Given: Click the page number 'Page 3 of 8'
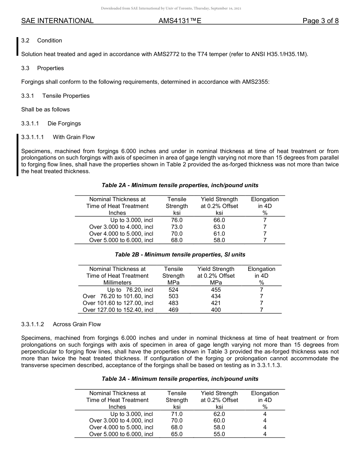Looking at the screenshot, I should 320,21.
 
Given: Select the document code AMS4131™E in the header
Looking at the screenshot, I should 180,21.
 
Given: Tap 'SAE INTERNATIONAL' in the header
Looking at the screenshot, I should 57,21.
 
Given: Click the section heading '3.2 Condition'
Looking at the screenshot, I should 42,41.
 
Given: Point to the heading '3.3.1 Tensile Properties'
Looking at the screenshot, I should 55,96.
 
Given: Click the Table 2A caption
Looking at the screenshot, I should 180,185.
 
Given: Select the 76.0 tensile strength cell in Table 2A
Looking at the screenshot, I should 177,220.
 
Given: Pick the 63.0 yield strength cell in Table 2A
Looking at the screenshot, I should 219,227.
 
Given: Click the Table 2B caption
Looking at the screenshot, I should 180,255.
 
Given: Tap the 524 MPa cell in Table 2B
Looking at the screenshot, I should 173,289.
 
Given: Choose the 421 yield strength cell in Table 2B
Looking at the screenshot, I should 216,303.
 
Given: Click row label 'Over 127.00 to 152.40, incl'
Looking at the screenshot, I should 118,310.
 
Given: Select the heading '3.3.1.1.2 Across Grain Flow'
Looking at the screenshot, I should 61,324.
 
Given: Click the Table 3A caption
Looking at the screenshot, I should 180,379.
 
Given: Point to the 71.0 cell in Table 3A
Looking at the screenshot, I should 177,414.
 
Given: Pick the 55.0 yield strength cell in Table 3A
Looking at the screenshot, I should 219,435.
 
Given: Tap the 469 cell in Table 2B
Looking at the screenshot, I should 173,310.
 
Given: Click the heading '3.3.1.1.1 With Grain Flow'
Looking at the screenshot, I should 58,137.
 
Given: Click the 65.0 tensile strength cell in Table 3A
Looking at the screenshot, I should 177,435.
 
